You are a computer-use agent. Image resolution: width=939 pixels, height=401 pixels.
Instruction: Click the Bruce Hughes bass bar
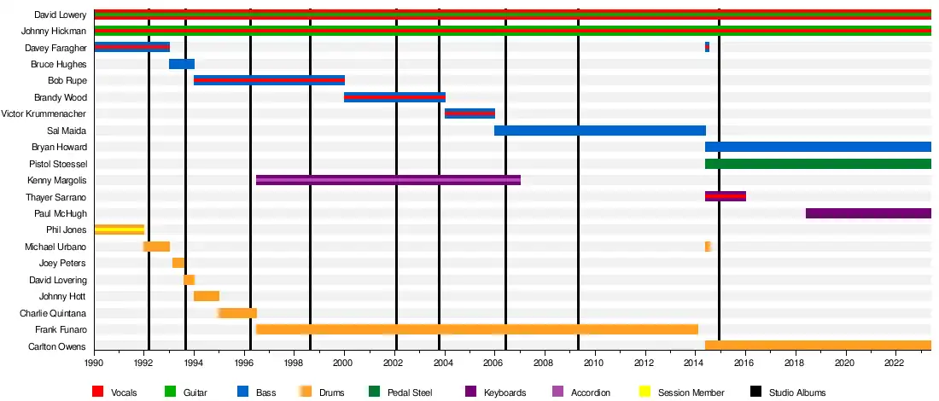coord(182,64)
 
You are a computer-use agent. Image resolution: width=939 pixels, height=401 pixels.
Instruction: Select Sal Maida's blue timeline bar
coord(599,131)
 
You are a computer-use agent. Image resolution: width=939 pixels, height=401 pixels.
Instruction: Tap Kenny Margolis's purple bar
coord(388,180)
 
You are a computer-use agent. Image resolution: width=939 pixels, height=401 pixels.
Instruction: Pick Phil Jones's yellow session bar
coord(119,230)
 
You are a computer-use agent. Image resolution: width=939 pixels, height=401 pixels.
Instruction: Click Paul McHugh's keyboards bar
coord(867,213)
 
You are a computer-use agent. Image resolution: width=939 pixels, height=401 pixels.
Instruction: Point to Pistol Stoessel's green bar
coord(817,164)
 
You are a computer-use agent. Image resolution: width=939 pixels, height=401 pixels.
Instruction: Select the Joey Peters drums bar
coord(178,263)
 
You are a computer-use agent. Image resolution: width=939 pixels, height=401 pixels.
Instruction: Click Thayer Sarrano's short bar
coord(725,196)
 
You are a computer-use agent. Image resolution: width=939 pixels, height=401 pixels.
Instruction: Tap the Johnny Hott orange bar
coord(207,296)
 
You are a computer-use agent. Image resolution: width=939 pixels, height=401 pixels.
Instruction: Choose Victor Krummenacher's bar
coord(469,113)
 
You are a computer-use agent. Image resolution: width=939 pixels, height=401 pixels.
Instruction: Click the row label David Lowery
coord(61,15)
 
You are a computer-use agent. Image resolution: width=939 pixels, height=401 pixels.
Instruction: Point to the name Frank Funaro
coord(61,329)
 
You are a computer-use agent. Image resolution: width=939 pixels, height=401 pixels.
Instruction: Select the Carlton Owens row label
coord(58,346)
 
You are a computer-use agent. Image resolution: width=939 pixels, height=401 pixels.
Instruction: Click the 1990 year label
coord(94,363)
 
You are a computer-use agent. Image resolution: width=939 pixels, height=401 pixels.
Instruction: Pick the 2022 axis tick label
coord(895,363)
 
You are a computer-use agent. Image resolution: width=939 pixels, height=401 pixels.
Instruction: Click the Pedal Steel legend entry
coord(403,392)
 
